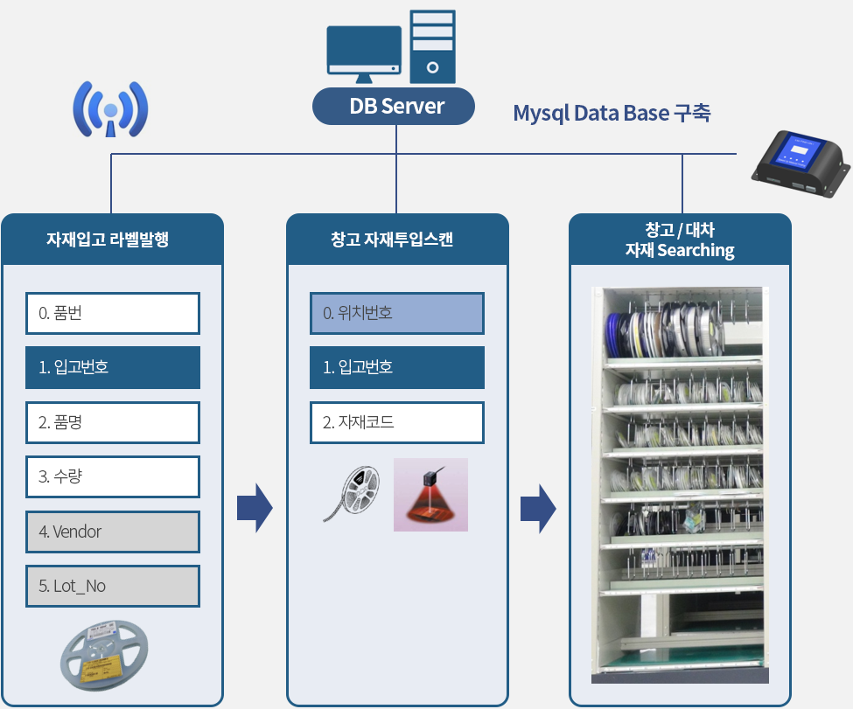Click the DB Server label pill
394,106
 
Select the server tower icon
432,46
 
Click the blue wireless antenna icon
110,109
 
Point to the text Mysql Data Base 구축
612,113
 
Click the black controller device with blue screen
800,163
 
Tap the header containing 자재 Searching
680,240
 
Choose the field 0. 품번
113,313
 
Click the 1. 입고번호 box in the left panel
113,367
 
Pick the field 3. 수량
113,476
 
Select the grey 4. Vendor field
113,532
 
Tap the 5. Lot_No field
113,586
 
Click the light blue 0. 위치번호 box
397,313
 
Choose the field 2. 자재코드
397,422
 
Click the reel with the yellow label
104,655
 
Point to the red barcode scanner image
430,495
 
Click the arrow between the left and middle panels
255,509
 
